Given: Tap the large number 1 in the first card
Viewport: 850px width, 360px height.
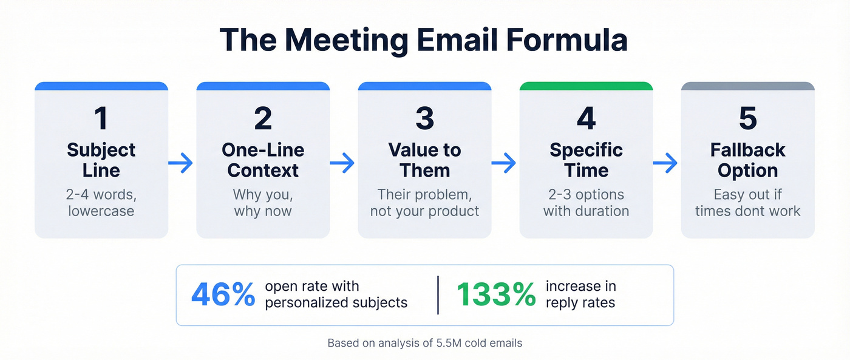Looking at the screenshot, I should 101,118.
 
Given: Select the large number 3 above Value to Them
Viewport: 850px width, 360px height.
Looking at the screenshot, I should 424,118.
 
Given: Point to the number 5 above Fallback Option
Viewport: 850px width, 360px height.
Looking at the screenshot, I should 747,118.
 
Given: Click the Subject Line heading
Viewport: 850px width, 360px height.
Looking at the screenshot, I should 101,160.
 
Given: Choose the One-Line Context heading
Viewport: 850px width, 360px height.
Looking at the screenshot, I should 263,160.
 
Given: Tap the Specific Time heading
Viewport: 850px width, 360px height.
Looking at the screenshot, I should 586,160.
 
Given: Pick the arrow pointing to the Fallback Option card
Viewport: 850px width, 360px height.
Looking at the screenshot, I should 667,162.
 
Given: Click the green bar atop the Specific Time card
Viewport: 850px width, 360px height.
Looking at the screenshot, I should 586,86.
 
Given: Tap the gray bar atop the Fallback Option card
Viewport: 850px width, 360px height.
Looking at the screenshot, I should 747,86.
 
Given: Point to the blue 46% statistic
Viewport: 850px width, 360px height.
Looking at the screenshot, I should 223,294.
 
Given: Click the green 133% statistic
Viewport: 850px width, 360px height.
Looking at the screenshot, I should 496,294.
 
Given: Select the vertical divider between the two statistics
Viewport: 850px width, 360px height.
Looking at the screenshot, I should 438,295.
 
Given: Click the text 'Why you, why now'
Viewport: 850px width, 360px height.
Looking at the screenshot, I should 263,203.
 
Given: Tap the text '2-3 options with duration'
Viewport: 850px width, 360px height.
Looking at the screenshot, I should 586,203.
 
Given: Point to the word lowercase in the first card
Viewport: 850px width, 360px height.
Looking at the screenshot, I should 101,211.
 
